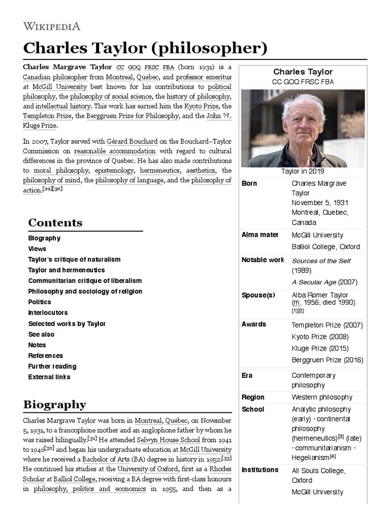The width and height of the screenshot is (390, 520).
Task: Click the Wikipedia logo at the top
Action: pyautogui.click(x=51, y=26)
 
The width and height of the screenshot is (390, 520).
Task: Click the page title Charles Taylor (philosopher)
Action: pyautogui.click(x=145, y=48)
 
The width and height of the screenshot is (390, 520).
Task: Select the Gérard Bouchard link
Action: pyautogui.click(x=125, y=142)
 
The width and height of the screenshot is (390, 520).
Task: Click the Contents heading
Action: pyautogui.click(x=55, y=222)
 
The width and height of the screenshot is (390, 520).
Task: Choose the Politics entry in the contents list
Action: pyautogui.click(x=40, y=302)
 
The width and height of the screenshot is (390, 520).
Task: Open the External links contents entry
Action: pyautogui.click(x=49, y=377)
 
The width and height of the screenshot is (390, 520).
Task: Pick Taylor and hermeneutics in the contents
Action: pyautogui.click(x=66, y=270)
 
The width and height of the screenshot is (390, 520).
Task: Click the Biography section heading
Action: pyautogui.click(x=54, y=405)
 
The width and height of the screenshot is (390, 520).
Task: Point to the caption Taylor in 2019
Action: pyautogui.click(x=303, y=172)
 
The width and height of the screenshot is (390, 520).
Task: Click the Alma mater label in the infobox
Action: pyautogui.click(x=259, y=235)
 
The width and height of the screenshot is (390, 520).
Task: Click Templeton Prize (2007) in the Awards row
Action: pyautogui.click(x=327, y=325)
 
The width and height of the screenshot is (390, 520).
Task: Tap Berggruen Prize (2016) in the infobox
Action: pyautogui.click(x=327, y=360)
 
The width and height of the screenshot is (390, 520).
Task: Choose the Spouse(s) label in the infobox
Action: pyautogui.click(x=258, y=295)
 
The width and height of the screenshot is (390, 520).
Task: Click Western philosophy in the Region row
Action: pyautogui.click(x=321, y=397)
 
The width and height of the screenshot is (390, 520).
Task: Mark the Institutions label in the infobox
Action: pyautogui.click(x=259, y=470)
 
